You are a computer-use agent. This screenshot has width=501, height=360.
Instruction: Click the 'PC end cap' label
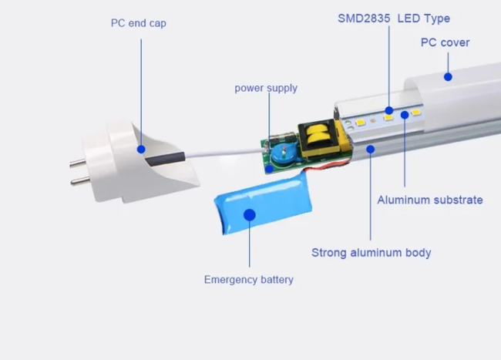pos(138,23)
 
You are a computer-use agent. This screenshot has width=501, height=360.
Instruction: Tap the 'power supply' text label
pos(266,88)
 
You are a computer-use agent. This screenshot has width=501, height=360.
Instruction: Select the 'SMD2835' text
pos(364,19)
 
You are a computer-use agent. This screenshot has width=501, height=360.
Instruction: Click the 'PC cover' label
pos(445,42)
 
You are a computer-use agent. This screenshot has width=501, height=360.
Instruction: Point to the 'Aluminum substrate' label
pos(430,200)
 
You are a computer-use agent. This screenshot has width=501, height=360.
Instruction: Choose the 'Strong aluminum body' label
pos(372,253)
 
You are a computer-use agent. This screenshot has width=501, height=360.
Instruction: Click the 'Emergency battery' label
pos(249,280)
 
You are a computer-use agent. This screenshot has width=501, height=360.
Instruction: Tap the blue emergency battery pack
pos(264,205)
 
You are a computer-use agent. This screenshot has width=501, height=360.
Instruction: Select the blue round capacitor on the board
pos(284,154)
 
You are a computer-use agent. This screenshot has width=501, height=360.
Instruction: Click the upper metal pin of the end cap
pos(78,163)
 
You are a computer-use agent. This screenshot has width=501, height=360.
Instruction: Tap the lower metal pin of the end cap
pos(79,180)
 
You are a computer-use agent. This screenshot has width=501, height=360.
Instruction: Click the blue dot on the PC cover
pos(448,76)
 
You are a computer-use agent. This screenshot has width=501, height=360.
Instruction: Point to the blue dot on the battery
pos(250,215)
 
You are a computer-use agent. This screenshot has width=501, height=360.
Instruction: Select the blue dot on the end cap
pos(141,150)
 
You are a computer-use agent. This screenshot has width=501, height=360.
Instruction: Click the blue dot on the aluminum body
pos(371,150)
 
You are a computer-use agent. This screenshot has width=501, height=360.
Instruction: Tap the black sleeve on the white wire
pos(165,159)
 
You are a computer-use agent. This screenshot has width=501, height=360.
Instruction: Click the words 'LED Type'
pos(424,19)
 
